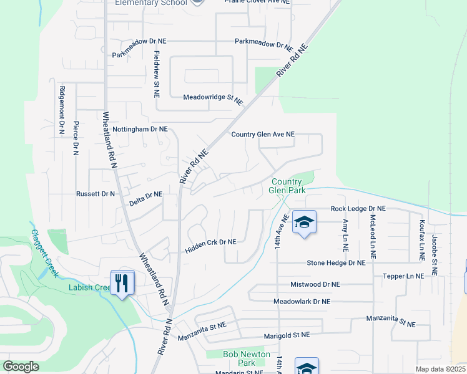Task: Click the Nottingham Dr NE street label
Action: pos(140,129)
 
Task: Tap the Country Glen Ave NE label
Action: pos(262,134)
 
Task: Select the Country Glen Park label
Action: pos(287,186)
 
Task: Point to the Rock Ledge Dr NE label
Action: pos(358,208)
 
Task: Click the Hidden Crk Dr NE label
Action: pos(210,242)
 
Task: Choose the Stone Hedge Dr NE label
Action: pos(336,263)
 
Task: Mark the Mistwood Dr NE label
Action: pos(315,284)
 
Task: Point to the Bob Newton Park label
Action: pos(247,358)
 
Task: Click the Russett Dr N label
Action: pos(96,194)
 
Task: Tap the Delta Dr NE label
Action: pos(145,195)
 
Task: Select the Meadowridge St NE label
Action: pos(212,98)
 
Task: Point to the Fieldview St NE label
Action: pos(157,74)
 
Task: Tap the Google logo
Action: pos(21,367)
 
